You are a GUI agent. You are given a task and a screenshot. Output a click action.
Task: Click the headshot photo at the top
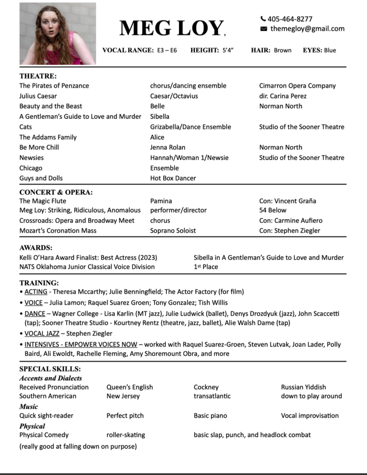pyautogui.click(x=57, y=33)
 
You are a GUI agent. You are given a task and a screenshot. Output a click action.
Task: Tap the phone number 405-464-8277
pyautogui.click(x=290, y=19)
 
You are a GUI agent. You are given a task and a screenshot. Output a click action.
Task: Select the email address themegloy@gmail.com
pyautogui.click(x=307, y=29)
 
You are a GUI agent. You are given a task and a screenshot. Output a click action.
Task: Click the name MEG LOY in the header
pyautogui.click(x=172, y=28)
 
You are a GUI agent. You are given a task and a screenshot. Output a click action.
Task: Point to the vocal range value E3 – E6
pyautogui.click(x=167, y=50)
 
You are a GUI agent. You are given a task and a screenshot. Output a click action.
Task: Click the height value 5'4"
pyautogui.click(x=228, y=50)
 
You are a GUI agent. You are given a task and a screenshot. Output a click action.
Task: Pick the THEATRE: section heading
pyautogui.click(x=38, y=76)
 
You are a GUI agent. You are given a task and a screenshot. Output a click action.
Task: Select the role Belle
pyautogui.click(x=157, y=106)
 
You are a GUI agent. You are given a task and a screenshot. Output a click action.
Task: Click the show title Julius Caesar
pyautogui.click(x=38, y=96)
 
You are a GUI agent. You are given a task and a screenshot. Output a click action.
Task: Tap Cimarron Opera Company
pyautogui.click(x=297, y=86)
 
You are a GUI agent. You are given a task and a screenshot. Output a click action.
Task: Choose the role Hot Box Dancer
pyautogui.click(x=173, y=178)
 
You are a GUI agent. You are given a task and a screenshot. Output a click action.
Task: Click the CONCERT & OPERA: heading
pyautogui.click(x=56, y=192)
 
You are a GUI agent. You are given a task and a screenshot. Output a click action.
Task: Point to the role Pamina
pyautogui.click(x=161, y=201)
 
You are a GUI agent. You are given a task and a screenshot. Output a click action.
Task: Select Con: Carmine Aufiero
pyautogui.click(x=291, y=220)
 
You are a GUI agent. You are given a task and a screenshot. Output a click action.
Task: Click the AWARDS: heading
pyautogui.click(x=36, y=248)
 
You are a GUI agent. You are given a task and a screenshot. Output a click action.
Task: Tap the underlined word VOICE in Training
pyautogui.click(x=33, y=303)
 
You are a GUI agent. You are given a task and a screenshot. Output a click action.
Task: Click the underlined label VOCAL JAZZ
pyautogui.click(x=42, y=333)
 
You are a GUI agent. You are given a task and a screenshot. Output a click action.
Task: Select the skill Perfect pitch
pyautogui.click(x=125, y=415)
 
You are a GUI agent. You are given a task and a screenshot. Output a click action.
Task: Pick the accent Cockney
pyautogui.click(x=206, y=387)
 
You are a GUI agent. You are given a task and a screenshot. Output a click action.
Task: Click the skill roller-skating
pyautogui.click(x=126, y=435)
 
